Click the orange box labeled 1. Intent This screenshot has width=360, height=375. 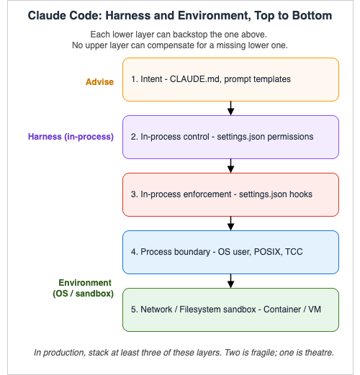click(230, 79)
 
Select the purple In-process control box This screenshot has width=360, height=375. click(230, 137)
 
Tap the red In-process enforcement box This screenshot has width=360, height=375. click(230, 194)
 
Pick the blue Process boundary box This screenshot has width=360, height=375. click(230, 252)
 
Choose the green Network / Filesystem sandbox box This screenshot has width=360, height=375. click(230, 310)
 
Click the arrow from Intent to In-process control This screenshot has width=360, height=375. click(230, 108)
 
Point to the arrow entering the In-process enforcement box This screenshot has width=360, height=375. click(230, 166)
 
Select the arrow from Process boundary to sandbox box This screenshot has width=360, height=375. click(230, 281)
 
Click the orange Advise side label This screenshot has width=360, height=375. click(99, 82)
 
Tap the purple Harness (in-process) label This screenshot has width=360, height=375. click(71, 137)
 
